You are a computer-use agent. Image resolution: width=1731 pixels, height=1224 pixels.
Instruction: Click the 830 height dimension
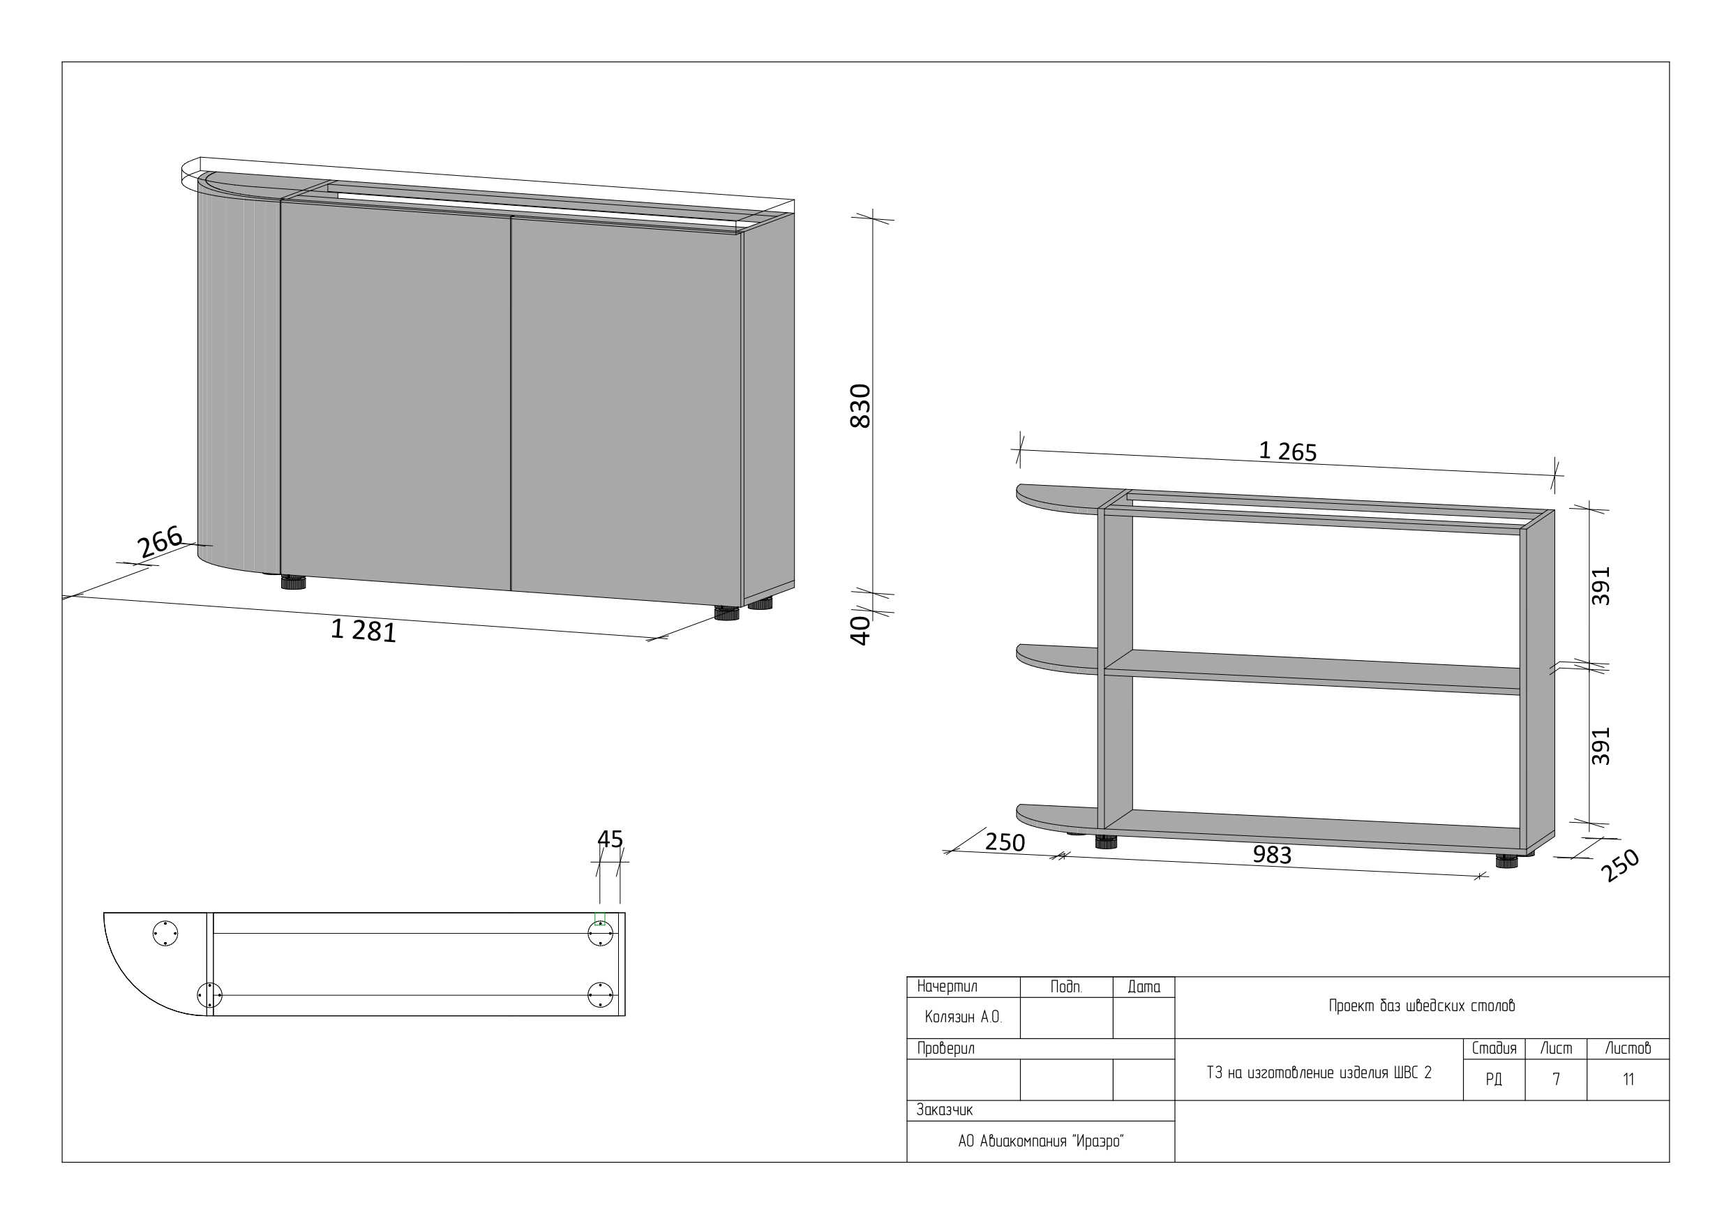tap(860, 405)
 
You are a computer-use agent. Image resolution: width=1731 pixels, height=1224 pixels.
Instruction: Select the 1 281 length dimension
tap(364, 630)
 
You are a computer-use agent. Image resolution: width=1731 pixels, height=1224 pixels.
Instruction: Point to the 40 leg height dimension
tap(860, 630)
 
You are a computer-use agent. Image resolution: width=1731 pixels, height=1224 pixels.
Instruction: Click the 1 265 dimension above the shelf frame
tap(1288, 451)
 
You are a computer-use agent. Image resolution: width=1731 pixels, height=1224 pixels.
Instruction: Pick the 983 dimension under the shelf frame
tap(1272, 854)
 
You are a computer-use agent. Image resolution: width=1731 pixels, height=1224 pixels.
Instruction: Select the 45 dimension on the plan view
tap(610, 839)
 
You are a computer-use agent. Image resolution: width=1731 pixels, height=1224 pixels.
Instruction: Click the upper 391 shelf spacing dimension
tap(1601, 585)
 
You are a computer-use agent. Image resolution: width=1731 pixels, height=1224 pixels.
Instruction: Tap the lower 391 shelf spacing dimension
tap(1601, 746)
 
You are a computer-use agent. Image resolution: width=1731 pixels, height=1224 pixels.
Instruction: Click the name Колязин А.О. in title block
tap(964, 1017)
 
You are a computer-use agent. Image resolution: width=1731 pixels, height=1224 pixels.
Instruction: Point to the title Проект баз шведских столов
tap(1421, 1006)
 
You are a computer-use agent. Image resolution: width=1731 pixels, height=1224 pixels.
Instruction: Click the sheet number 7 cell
tap(1556, 1080)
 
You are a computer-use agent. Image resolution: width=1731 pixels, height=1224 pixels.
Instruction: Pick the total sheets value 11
tap(1628, 1080)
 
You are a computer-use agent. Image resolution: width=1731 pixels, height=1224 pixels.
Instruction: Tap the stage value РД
tap(1494, 1080)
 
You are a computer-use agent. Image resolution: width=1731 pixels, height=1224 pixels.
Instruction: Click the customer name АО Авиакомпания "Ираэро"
tap(1040, 1141)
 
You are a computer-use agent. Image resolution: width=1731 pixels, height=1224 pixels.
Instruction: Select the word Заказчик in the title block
tap(944, 1110)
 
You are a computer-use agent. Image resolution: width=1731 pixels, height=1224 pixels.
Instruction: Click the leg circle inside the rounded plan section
tap(165, 934)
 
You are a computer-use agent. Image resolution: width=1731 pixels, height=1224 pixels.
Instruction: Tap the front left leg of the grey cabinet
tap(293, 581)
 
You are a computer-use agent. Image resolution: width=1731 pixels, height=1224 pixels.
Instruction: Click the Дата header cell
tap(1144, 987)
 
